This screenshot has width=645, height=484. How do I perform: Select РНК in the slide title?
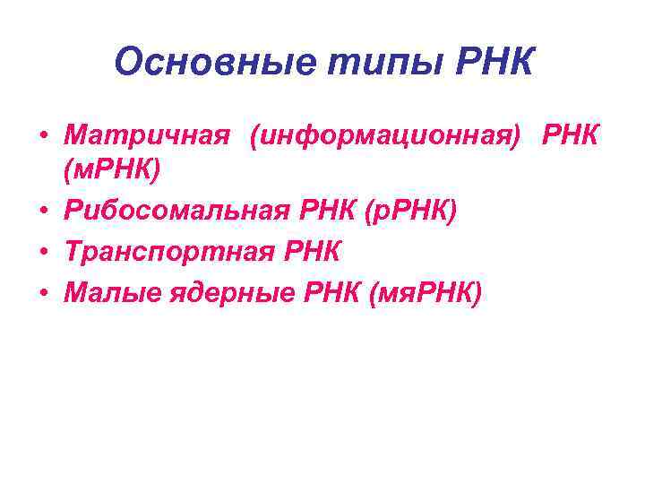(494, 64)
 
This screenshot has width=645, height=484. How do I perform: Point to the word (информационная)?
(386, 136)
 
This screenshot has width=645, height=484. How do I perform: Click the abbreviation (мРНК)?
(112, 169)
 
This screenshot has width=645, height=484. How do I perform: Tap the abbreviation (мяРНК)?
(425, 291)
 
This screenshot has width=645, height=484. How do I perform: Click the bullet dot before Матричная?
(43, 137)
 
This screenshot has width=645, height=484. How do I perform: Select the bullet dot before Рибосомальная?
(43, 212)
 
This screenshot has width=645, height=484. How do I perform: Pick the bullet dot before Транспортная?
(43, 252)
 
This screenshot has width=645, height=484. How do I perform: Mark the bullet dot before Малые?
(43, 291)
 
